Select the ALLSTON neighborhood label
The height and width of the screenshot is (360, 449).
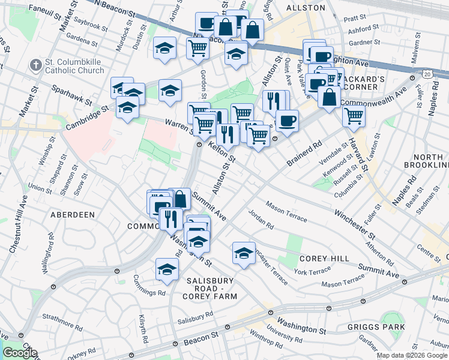point(306,8)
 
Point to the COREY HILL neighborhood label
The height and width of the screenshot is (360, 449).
point(324,258)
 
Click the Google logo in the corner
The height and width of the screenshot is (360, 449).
point(20,353)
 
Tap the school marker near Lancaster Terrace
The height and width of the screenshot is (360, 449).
point(244,252)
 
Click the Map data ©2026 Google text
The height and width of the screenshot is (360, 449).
point(412,355)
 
